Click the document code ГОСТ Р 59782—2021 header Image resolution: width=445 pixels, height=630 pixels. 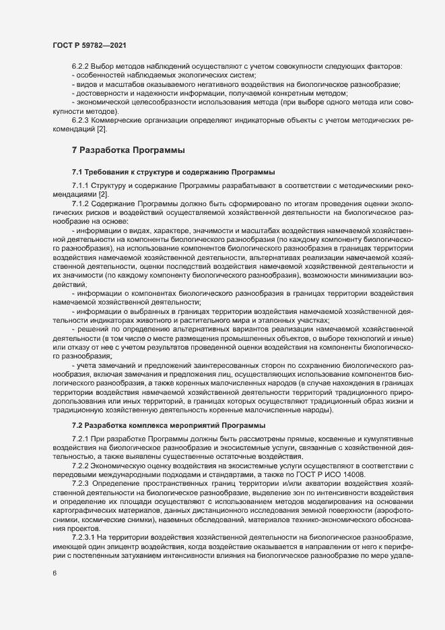coord(88,45)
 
